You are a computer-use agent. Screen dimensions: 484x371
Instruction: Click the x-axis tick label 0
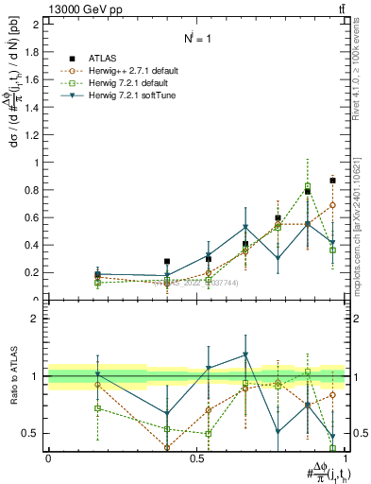click(x=48, y=458)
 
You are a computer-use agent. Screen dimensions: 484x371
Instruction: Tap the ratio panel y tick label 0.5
click(x=30, y=433)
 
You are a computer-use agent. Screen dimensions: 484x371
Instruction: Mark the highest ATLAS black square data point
click(x=332, y=180)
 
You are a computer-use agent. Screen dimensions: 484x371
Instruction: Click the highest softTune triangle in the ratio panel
click(x=245, y=355)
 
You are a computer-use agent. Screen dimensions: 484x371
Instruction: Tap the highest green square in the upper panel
click(x=308, y=186)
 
